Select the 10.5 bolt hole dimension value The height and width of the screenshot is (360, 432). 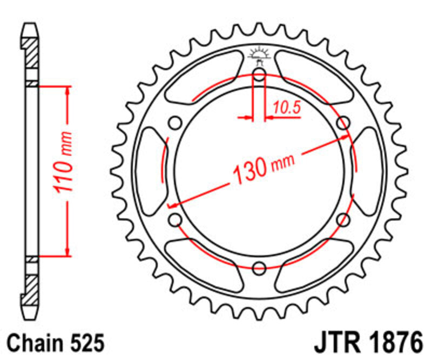click(286, 108)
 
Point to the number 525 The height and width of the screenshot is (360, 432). click(85, 343)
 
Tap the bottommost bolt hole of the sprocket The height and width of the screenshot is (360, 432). click(259, 266)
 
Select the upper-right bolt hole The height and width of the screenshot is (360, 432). click(342, 123)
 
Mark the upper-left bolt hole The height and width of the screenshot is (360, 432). click(175, 123)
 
